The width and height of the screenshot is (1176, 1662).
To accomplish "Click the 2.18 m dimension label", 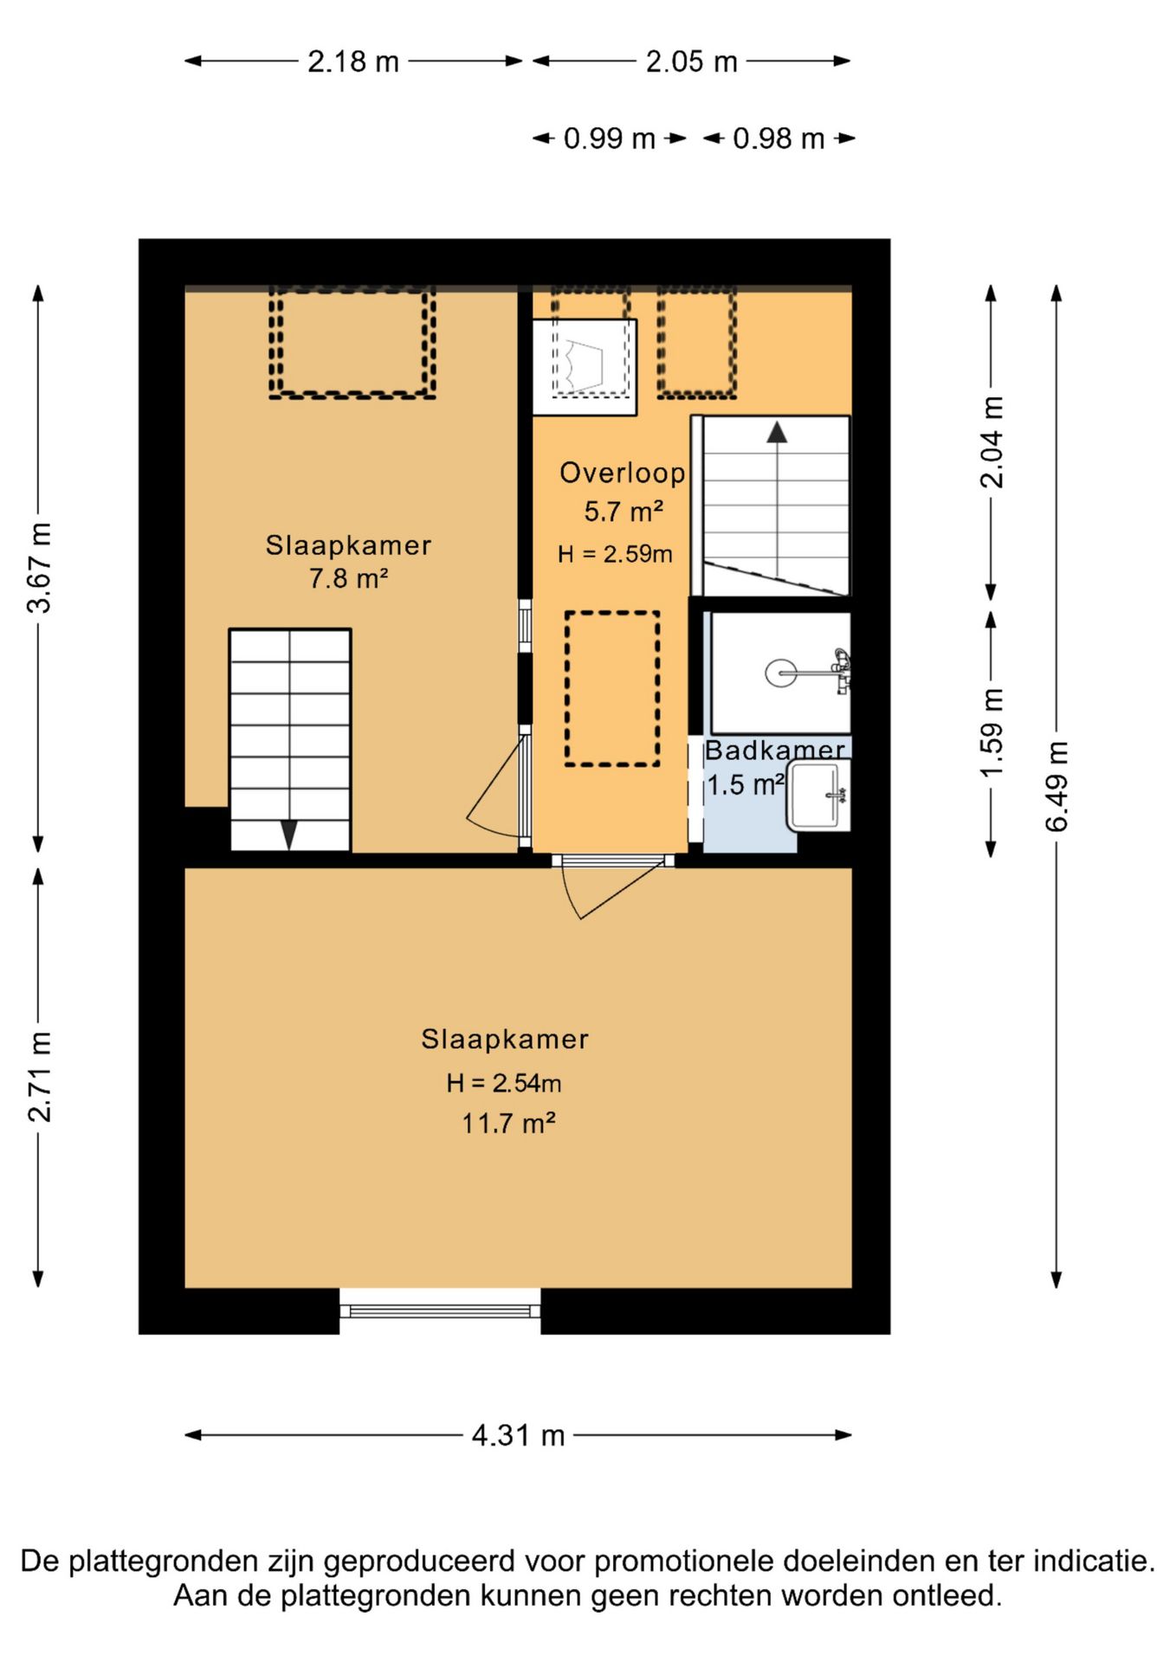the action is point(353,61).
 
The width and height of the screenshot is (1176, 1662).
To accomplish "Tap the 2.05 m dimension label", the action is point(691,61).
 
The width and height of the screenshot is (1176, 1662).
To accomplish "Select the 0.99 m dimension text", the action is point(609,138).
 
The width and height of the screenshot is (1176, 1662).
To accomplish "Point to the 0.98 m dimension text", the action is point(779,138).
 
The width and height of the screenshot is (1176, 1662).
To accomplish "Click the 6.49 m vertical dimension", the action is point(1057,786).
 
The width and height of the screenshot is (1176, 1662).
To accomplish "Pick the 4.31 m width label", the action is point(518,1435).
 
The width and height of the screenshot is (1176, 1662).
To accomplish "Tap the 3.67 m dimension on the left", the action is point(40,568).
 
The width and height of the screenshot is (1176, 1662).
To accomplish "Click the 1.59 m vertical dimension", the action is point(992,732).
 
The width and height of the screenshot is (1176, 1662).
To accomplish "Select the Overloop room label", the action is point(623,473).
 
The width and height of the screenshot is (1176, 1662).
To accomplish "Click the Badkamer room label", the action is point(775,750).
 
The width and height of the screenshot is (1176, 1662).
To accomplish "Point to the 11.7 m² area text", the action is point(508,1124).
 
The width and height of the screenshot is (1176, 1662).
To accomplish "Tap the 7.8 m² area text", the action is point(348,578).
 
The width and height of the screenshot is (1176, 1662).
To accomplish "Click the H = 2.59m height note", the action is point(615,554).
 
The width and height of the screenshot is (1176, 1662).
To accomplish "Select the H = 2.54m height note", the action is point(504,1083).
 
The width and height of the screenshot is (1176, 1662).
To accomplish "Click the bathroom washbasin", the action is point(818,795).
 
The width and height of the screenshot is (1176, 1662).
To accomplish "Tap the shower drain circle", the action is point(780,673).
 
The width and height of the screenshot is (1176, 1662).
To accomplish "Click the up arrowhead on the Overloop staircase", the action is point(777,432).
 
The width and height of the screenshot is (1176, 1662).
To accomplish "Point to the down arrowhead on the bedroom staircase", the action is point(289,834).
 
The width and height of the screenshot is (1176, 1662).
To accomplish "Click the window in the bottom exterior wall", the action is point(440,1311).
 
